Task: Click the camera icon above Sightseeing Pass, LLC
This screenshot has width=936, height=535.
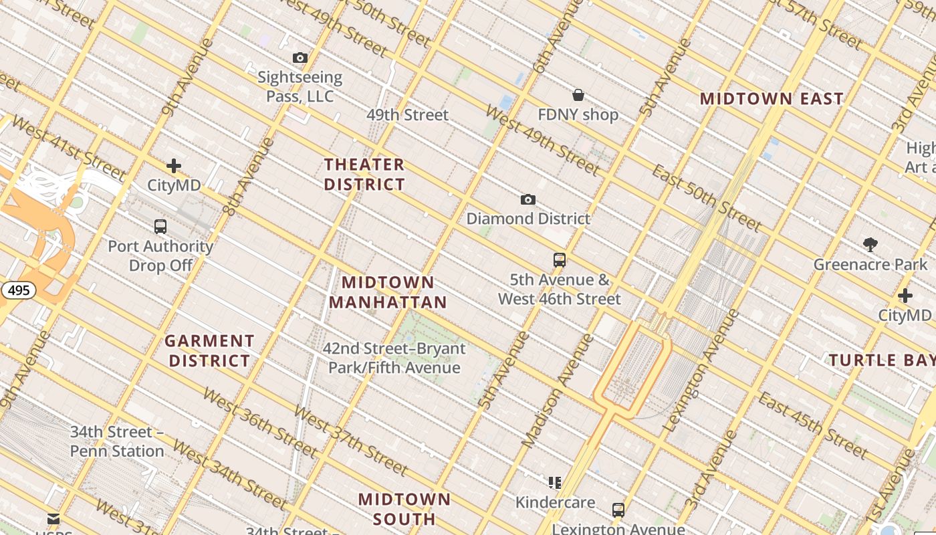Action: [300, 58]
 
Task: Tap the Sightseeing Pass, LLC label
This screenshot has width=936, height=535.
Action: [300, 87]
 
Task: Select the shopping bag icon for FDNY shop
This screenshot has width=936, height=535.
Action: [578, 96]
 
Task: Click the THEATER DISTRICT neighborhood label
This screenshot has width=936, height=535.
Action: [364, 174]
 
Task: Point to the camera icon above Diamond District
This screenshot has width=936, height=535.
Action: [528, 199]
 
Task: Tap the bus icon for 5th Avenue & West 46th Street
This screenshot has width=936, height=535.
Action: [560, 260]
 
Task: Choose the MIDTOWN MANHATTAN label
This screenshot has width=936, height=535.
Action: [388, 292]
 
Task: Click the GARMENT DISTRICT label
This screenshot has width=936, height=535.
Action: [210, 351]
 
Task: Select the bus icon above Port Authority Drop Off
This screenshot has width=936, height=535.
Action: [160, 227]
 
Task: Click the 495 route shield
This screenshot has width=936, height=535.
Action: [18, 290]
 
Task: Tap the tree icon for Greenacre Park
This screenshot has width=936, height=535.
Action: [870, 245]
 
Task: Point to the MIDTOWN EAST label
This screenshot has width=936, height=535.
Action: [772, 99]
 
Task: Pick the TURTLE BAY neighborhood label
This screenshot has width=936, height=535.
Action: [882, 360]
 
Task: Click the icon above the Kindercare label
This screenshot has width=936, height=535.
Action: [554, 482]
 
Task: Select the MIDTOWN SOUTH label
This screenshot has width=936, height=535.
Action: [404, 509]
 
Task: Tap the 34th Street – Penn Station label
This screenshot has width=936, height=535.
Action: [117, 441]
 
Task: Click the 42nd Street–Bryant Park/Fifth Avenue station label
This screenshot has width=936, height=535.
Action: [394, 358]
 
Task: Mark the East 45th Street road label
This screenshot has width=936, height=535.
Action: [812, 425]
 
